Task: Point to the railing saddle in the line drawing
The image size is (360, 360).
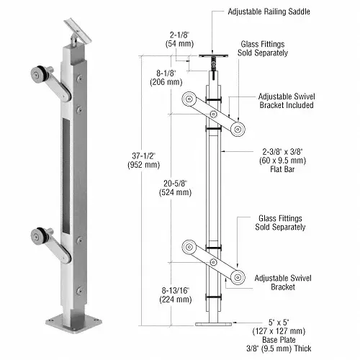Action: (x=212, y=53)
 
